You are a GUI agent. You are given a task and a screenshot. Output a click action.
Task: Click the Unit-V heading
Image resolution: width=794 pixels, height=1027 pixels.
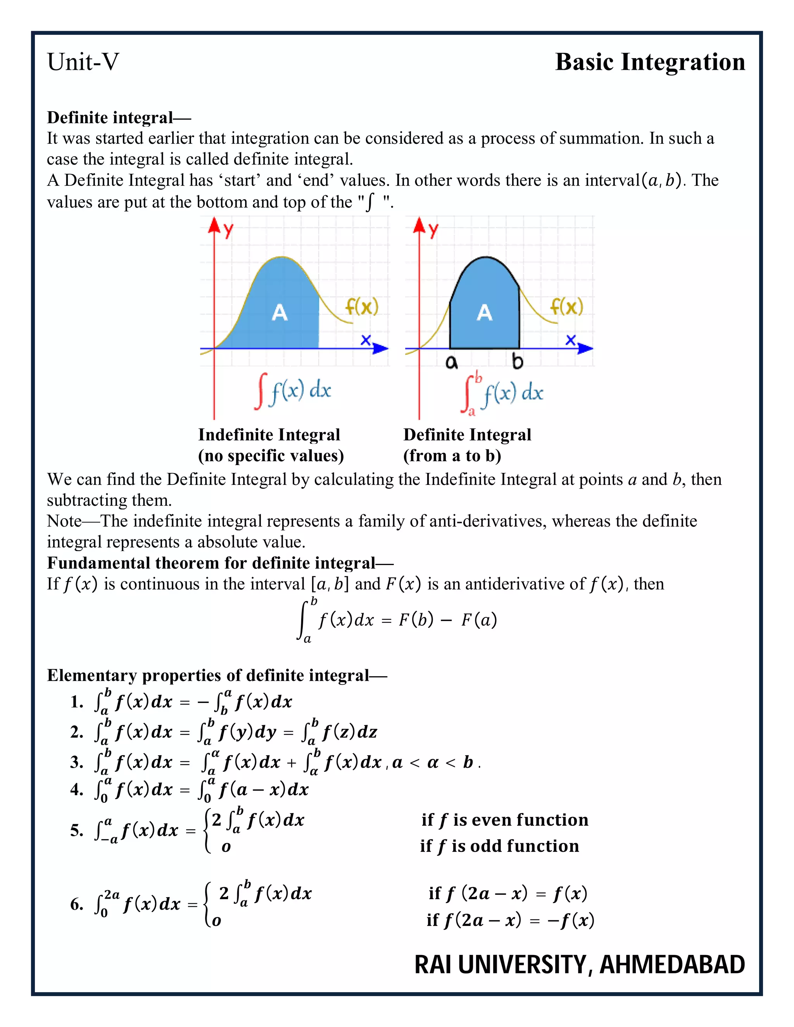click(x=83, y=62)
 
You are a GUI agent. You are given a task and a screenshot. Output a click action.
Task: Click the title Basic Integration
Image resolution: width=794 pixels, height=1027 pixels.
click(x=650, y=62)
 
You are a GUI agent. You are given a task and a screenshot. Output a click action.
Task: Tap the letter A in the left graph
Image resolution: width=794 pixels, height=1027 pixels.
click(x=280, y=312)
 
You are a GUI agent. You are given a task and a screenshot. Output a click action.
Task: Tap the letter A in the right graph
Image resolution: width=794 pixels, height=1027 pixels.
click(x=485, y=312)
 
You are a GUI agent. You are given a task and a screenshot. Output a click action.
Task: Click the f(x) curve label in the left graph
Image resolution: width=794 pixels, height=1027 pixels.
click(x=361, y=307)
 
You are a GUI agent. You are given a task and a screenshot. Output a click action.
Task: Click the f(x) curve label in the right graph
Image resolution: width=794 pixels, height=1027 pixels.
click(x=566, y=307)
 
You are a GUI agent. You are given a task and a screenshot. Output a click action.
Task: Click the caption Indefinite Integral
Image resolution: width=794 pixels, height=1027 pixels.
click(x=269, y=434)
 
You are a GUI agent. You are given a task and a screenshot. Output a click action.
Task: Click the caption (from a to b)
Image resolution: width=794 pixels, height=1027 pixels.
click(x=452, y=456)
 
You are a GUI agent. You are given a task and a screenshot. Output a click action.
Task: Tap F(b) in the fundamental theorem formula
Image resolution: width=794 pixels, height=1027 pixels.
click(x=416, y=620)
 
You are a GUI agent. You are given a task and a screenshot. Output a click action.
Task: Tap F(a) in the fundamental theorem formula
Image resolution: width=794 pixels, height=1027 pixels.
click(x=479, y=620)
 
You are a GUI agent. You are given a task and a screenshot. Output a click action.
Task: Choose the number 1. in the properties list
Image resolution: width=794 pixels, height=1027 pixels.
click(x=77, y=702)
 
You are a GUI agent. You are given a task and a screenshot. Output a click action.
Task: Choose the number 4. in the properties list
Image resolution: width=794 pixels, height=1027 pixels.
click(x=77, y=789)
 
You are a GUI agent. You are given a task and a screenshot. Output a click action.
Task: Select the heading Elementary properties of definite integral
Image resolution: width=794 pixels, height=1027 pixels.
click(x=216, y=675)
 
